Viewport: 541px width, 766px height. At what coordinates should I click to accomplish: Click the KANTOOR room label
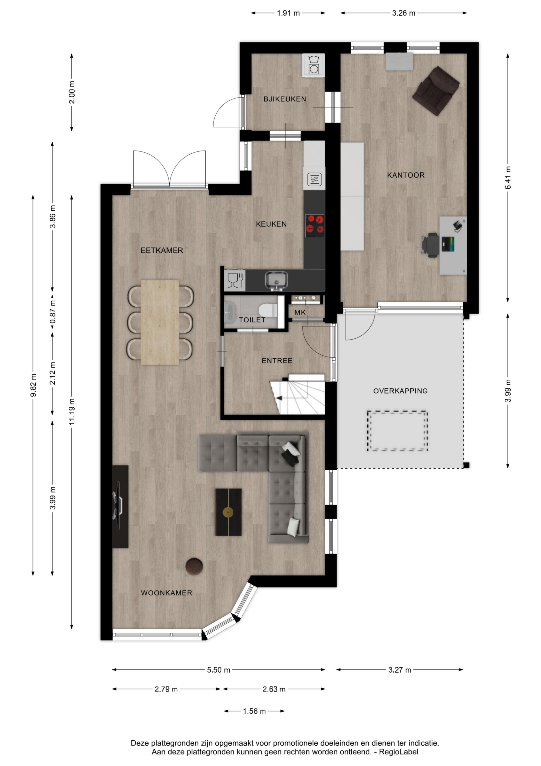pos(406,175)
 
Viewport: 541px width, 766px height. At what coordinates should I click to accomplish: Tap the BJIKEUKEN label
pos(285,99)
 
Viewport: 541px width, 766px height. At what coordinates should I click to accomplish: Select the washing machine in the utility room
pos(313,65)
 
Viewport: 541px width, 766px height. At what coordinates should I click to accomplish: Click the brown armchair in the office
pos(436,91)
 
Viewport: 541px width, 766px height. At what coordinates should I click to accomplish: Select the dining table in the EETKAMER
pos(160,322)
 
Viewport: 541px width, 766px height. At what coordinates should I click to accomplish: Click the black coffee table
pos(228,512)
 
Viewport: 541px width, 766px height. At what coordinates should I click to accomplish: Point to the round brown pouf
pos(194,566)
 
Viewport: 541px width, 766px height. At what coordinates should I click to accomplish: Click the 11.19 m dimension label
pos(72,411)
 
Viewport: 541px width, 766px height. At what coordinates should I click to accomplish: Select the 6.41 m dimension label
pos(508,178)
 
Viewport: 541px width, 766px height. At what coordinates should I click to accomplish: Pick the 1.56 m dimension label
pos(254,711)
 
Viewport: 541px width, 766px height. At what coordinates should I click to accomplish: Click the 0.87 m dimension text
pos(52,312)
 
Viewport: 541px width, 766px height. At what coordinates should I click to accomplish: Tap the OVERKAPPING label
pos(400,391)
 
